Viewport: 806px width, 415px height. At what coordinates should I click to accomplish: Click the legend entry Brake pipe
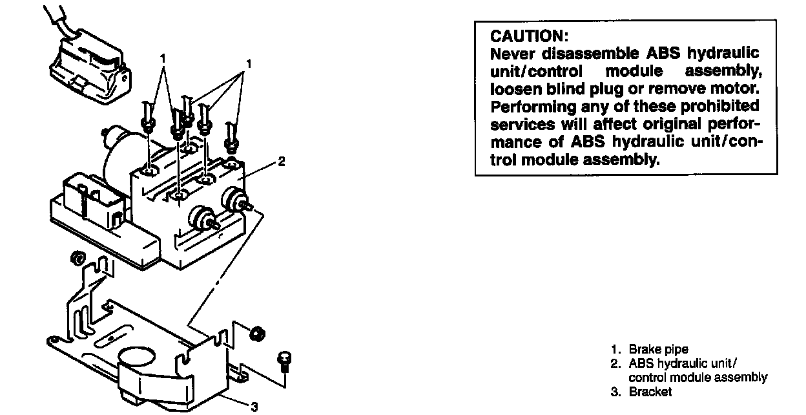coord(658,350)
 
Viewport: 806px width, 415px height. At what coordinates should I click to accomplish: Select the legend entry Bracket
coord(650,392)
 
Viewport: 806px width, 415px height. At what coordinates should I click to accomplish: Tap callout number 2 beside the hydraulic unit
coord(281,162)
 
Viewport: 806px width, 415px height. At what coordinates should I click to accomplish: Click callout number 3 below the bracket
coord(254,406)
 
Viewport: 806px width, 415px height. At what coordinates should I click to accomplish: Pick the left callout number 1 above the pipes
coord(163,58)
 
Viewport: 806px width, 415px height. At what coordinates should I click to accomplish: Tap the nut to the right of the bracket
coord(256,333)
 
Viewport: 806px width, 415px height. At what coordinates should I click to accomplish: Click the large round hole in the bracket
coord(137,358)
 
